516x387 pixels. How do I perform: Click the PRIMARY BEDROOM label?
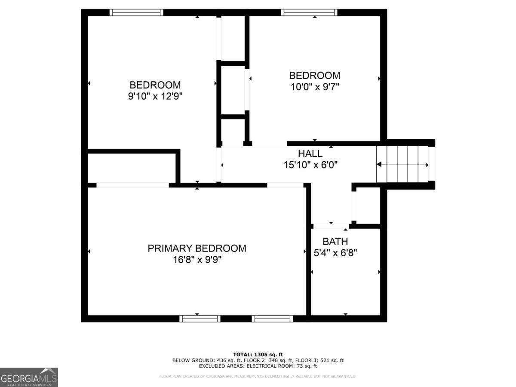point(197,248)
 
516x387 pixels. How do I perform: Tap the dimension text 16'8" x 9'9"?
point(197,260)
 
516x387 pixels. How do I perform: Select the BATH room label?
point(335,242)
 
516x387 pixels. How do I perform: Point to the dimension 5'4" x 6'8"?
point(335,253)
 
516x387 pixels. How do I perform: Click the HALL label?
point(310,154)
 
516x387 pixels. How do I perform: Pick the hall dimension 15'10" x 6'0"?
point(310,164)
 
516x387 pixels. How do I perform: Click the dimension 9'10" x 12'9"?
point(155,96)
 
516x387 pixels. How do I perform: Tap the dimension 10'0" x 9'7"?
point(314,86)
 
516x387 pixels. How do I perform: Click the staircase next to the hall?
point(402,164)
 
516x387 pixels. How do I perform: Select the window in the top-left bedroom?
point(136,12)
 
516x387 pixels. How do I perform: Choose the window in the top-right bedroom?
point(309,12)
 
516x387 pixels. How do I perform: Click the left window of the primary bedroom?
point(200,319)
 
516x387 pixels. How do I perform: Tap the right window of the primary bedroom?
point(272,319)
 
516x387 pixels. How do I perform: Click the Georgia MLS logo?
point(29,377)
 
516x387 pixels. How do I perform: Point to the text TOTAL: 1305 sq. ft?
point(258,354)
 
